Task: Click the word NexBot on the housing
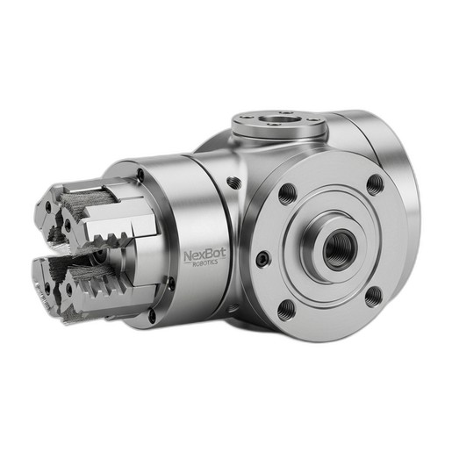tap(204, 255)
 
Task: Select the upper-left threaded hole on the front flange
tap(287, 194)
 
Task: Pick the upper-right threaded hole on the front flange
tap(375, 184)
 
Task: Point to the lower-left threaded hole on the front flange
tap(285, 310)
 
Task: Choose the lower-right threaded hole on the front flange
tap(374, 297)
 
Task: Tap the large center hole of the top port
tap(280, 119)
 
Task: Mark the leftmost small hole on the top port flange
tap(243, 117)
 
